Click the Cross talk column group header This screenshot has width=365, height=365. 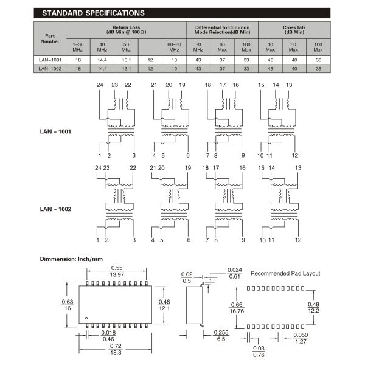(x=294, y=30)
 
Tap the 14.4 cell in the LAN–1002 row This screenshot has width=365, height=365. (x=102, y=69)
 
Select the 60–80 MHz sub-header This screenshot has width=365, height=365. (x=174, y=47)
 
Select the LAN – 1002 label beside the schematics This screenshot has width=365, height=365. (x=56, y=209)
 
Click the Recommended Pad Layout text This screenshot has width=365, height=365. (x=285, y=273)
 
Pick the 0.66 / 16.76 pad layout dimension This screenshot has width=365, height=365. (x=237, y=308)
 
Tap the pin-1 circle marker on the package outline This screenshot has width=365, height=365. (x=86, y=318)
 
